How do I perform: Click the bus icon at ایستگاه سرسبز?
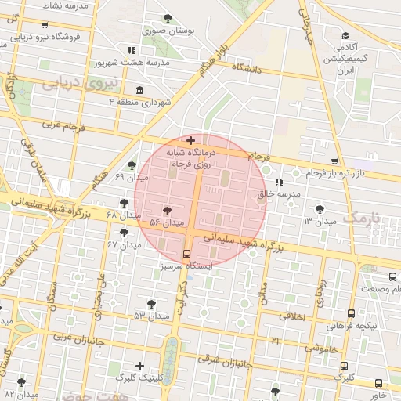[186, 253]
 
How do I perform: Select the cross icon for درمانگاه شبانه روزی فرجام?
[190, 140]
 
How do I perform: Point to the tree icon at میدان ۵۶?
[166, 211]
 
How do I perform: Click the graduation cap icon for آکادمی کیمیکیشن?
[345, 36]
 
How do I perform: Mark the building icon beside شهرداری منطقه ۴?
[139, 89]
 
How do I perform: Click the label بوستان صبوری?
[164, 32]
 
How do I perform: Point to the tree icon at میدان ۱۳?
[319, 208]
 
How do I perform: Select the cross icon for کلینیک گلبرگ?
[139, 366]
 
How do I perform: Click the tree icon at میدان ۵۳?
[152, 303]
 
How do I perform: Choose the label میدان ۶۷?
[125, 245]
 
